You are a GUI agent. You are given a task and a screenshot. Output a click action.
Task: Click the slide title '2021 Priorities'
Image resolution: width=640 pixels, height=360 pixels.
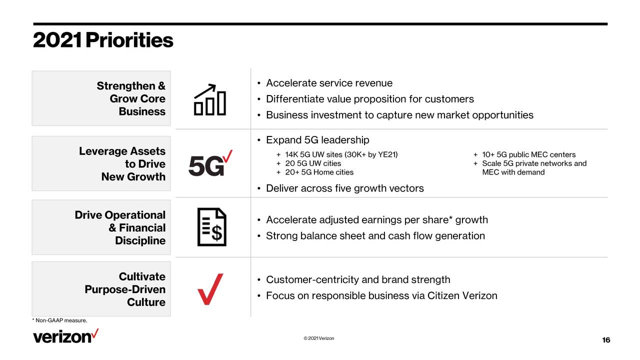103,40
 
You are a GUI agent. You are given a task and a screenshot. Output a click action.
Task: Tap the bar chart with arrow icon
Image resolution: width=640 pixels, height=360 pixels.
210,99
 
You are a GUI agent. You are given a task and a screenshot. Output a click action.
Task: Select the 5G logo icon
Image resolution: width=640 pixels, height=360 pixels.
210,163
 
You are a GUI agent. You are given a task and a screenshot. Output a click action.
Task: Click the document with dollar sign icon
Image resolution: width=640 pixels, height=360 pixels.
211,227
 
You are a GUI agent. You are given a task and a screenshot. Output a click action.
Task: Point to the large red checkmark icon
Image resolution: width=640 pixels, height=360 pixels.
210,289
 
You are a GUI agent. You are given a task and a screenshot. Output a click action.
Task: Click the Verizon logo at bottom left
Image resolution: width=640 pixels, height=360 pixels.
66,336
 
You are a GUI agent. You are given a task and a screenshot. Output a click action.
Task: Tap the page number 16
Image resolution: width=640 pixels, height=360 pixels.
606,340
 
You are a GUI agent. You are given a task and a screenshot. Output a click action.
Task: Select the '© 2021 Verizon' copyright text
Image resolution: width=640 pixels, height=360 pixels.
319,338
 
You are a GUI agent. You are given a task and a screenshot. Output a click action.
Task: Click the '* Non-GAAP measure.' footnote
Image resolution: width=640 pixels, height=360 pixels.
59,320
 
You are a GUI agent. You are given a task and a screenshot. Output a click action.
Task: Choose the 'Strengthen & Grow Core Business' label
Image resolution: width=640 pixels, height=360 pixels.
131,98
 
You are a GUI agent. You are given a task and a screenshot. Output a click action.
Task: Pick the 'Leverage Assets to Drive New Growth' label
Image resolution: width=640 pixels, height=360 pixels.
122,163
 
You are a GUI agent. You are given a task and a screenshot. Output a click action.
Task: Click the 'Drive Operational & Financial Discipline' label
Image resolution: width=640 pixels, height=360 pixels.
120,227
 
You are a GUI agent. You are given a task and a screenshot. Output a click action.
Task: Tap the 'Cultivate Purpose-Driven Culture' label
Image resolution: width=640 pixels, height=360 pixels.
125,289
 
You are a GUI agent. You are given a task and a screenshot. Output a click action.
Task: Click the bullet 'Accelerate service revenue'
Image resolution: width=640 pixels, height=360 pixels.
329,83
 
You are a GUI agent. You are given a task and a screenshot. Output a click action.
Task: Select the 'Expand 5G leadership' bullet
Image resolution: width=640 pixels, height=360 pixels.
317,140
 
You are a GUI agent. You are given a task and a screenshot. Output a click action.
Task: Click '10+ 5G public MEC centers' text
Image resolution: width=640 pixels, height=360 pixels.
529,154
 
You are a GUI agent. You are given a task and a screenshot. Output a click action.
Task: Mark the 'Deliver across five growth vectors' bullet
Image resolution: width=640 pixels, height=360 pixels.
345,188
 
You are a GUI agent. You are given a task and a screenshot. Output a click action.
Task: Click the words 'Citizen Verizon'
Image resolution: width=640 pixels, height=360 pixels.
462,295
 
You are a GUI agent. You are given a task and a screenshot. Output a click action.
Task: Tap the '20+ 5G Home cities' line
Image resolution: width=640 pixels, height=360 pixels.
319,172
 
